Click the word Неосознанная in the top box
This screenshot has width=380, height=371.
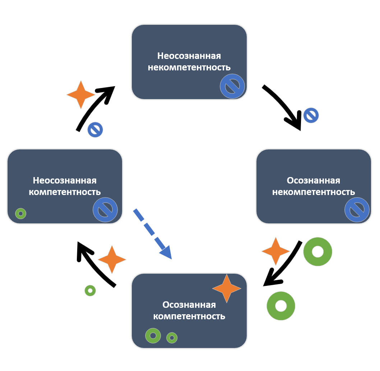point(189,56)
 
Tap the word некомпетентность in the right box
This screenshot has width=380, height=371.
point(313,192)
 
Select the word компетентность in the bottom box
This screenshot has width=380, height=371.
point(189,316)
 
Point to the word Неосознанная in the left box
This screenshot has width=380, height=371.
point(65,180)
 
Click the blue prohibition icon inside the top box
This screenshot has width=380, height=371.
point(232,86)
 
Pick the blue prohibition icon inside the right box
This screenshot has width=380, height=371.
point(357,210)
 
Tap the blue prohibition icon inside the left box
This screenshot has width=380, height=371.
point(105,210)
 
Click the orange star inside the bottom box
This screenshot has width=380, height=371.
point(227,288)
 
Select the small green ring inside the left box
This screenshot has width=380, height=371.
point(21,214)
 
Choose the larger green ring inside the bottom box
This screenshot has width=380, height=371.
point(153,336)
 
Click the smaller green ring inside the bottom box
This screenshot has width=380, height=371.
point(172,338)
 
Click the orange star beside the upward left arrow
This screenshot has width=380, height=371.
point(81,94)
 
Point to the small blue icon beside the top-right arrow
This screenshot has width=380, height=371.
point(311,116)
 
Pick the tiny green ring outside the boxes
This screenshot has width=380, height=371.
point(90,291)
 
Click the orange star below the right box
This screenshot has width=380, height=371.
point(275,251)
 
